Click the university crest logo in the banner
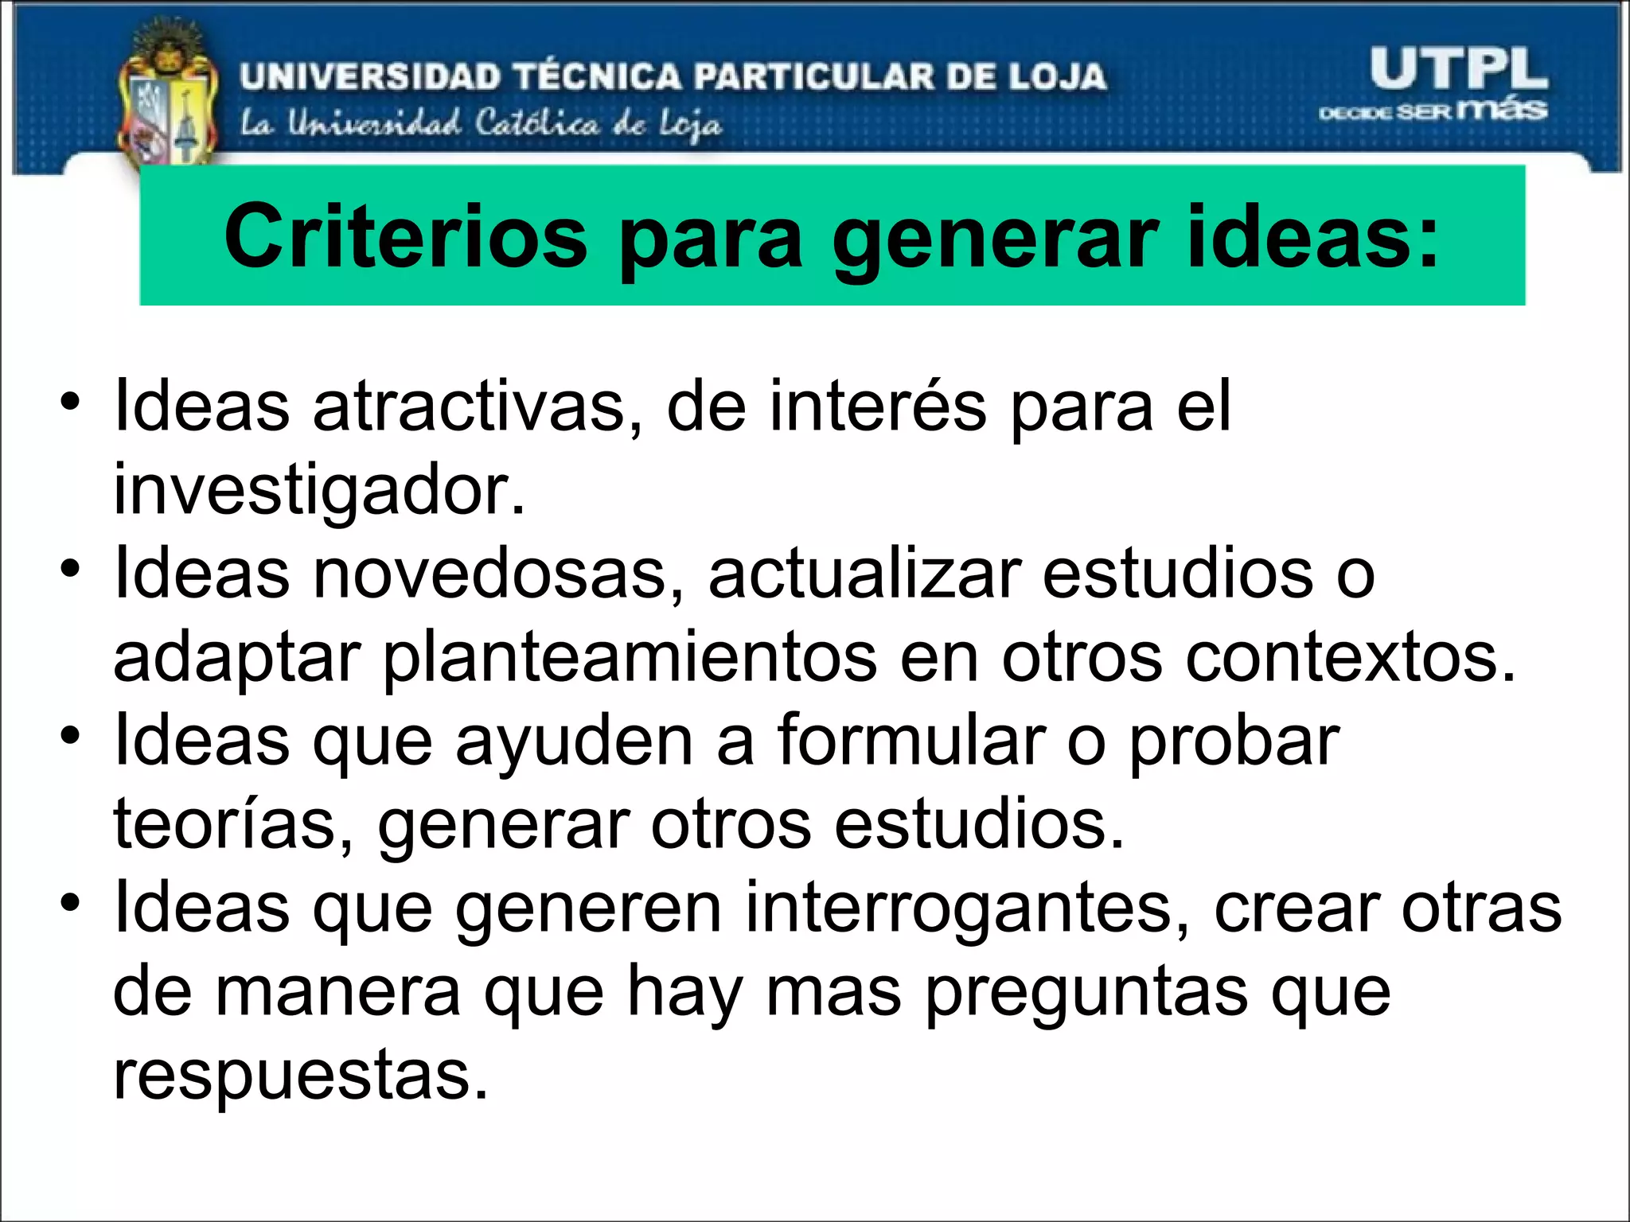(168, 96)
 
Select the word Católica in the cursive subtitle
(537, 124)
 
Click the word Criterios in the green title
(406, 237)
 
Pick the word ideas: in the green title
(1313, 237)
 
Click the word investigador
(319, 490)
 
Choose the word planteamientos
(630, 659)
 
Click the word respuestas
(300, 1076)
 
